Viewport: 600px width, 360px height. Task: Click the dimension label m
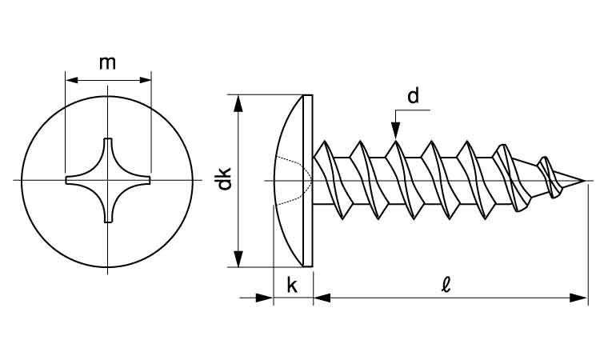pyautogui.click(x=107, y=63)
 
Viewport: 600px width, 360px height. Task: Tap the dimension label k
pyautogui.click(x=292, y=285)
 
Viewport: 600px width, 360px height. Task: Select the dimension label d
pyautogui.click(x=413, y=97)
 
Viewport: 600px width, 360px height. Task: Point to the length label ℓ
pyautogui.click(x=445, y=285)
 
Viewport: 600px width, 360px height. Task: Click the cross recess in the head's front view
pyautogui.click(x=107, y=181)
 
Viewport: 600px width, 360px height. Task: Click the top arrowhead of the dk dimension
pyautogui.click(x=238, y=102)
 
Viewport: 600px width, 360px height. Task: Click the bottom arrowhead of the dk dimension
pyautogui.click(x=238, y=258)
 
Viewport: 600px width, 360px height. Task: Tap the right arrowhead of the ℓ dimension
pyautogui.click(x=581, y=298)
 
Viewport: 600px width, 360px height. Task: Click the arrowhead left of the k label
pyautogui.click(x=265, y=298)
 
